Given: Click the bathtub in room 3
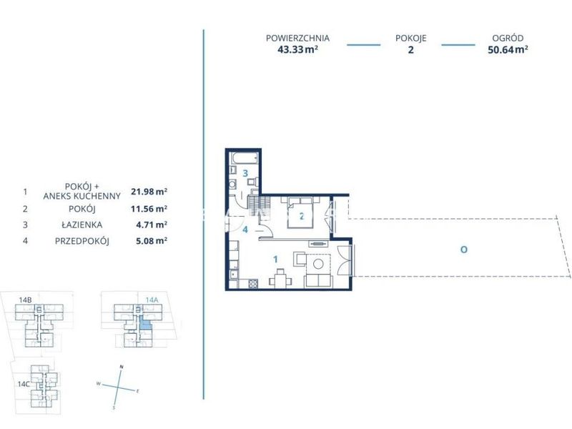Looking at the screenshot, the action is [x=245, y=159].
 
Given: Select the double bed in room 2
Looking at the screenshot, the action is [x=300, y=212].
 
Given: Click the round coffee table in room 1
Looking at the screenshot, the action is [x=318, y=264].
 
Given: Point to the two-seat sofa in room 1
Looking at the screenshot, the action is [x=318, y=280].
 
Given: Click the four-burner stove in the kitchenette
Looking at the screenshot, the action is [x=253, y=283].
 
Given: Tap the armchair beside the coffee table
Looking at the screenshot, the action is [x=300, y=259].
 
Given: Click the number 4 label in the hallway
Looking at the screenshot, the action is [x=245, y=230].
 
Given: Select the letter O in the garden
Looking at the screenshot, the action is [x=463, y=250].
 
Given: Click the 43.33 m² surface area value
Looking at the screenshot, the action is [x=297, y=49].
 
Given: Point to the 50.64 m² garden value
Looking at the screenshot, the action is [x=508, y=49].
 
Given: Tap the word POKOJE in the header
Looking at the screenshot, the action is [x=410, y=38].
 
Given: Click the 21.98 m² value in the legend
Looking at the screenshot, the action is [x=149, y=191].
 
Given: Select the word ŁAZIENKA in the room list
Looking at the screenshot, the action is [x=82, y=225].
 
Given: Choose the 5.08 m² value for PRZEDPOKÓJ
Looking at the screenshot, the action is [x=152, y=241].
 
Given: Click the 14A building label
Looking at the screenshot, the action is [x=152, y=300].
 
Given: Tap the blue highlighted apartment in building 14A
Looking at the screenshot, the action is [x=145, y=323].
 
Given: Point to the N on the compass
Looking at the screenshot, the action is [x=122, y=367].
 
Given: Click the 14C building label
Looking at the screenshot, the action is [x=24, y=384].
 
